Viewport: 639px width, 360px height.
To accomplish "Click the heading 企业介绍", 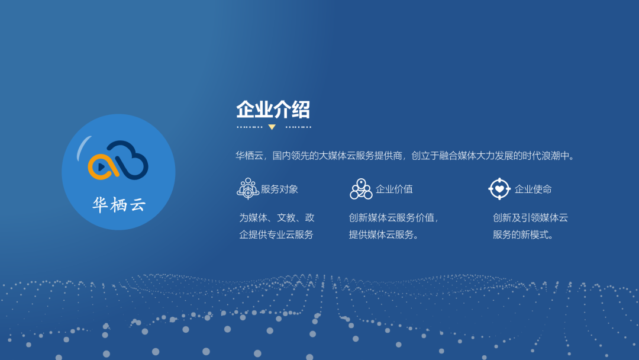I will pos(273,110).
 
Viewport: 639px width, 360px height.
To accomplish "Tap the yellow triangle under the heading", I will pos(272,127).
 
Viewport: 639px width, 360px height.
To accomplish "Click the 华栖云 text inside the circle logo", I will pos(119,205).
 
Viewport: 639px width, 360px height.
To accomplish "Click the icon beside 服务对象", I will pos(247,189).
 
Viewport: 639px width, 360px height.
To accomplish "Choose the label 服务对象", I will pos(280,189).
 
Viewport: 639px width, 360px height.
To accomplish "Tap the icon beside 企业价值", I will pos(361,189).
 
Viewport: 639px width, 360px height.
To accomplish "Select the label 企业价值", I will pos(394,189).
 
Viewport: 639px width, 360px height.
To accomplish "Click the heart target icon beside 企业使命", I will pos(499,189).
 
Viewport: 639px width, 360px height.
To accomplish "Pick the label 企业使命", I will pos(533,189).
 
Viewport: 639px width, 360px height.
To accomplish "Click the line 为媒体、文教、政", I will pos(277,218).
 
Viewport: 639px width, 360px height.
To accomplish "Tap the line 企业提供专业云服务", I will pos(276,234).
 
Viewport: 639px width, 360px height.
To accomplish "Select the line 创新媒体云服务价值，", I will pos(393,218).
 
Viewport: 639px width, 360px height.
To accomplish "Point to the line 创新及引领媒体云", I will pos(530,218).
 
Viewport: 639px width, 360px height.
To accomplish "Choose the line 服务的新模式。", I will pos(524,234).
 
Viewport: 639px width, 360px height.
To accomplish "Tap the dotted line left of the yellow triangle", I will pos(249,127).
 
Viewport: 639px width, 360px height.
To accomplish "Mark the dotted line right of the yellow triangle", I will pos(298,127).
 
